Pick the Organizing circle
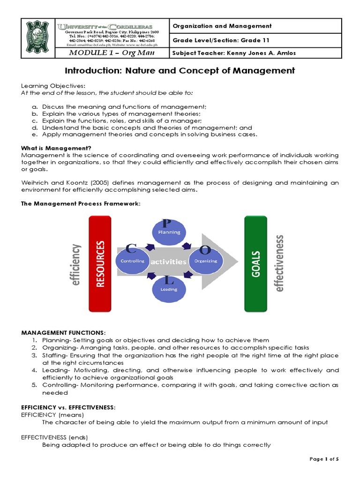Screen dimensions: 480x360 (205, 261)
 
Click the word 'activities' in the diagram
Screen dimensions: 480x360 (169, 262)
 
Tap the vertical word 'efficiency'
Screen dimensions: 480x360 (76, 263)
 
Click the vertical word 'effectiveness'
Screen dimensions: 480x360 (279, 263)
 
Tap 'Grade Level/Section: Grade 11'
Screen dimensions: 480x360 (221, 40)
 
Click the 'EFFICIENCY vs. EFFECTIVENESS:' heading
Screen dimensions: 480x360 (68, 408)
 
